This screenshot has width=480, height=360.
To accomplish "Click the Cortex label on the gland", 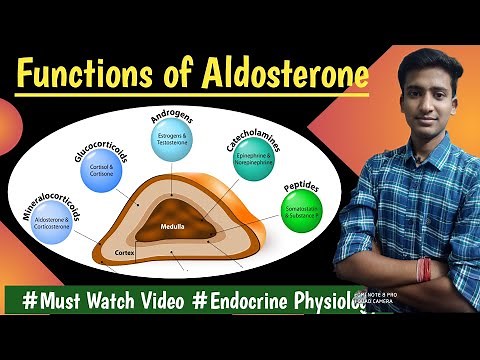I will [125, 254].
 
